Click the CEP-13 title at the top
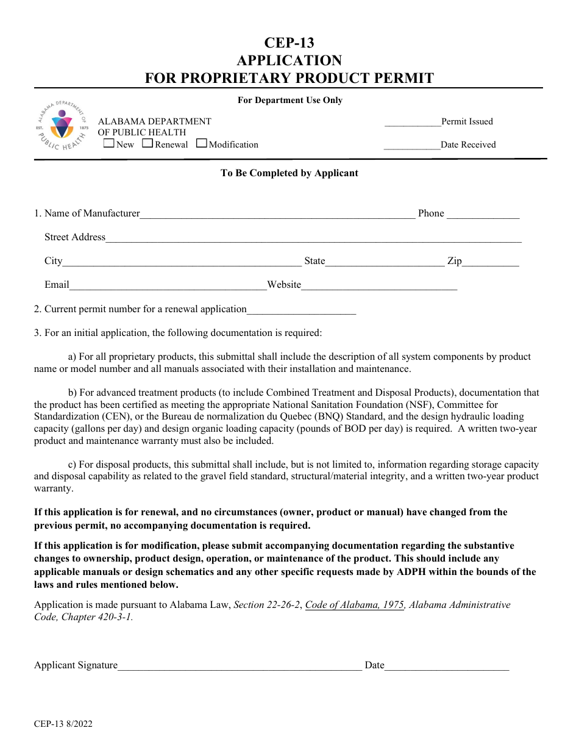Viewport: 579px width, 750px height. (x=289, y=43)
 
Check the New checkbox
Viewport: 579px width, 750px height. (x=109, y=144)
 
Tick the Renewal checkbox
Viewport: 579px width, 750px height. (x=147, y=144)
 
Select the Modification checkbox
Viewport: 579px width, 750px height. (x=202, y=144)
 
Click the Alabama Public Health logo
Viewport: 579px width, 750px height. (x=62, y=126)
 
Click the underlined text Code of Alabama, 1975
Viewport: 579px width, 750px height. (x=354, y=605)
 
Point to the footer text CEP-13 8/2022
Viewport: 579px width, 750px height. (x=63, y=724)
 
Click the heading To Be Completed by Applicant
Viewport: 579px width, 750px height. (x=289, y=173)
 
